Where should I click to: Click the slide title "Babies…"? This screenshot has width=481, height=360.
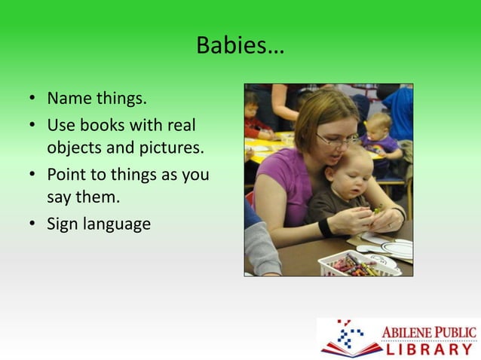[x=240, y=46]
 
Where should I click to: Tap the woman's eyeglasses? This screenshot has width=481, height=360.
[x=337, y=140]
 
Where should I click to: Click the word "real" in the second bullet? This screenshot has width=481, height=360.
[x=188, y=123]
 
